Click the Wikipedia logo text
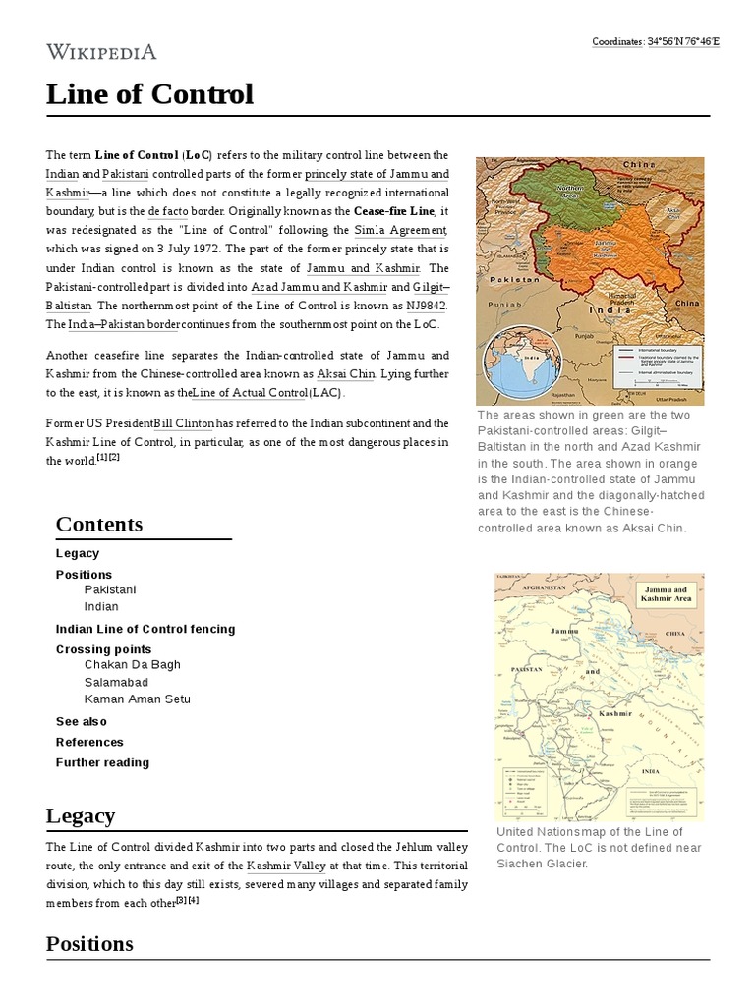point(101,52)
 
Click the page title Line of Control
point(149,94)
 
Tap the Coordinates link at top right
point(655,41)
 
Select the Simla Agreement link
point(400,230)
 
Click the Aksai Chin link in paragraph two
point(346,374)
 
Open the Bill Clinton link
point(185,423)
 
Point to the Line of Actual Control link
point(251,393)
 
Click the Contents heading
point(99,524)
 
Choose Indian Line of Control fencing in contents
point(145,629)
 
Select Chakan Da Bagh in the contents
point(133,664)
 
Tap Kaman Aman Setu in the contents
point(138,699)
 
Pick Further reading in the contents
point(102,762)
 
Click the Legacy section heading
point(81,815)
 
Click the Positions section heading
point(89,943)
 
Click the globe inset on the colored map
point(518,363)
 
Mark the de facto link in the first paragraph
point(167,211)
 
